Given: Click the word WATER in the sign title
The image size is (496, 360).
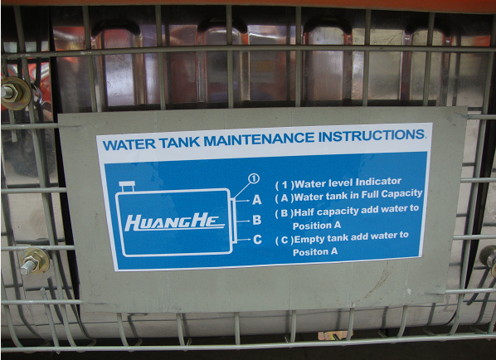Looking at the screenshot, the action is (x=129, y=144).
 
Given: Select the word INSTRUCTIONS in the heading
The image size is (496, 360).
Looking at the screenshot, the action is (x=372, y=135).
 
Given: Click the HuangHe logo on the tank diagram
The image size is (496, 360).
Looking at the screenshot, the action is (x=174, y=222).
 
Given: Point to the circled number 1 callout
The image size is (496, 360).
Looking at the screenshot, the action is (x=254, y=178).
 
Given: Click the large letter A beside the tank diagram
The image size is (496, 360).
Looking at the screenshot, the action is (x=257, y=200).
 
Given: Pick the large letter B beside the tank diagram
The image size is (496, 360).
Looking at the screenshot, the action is (x=257, y=220).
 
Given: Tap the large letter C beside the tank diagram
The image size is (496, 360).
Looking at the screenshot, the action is (x=257, y=240).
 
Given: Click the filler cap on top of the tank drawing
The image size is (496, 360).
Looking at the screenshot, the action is (x=127, y=187).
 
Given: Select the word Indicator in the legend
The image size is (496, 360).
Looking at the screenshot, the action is (x=378, y=182).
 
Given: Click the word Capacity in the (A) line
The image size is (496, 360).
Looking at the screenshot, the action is (x=401, y=194).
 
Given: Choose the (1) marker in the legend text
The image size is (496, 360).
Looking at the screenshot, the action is (x=284, y=185).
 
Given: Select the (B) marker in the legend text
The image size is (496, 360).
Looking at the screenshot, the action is (x=284, y=213).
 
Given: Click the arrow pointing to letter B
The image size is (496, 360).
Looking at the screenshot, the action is (x=243, y=221).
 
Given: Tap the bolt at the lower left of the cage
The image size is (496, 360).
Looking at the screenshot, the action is (x=33, y=261).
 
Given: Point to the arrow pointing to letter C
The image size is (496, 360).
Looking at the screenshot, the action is (x=244, y=240).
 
